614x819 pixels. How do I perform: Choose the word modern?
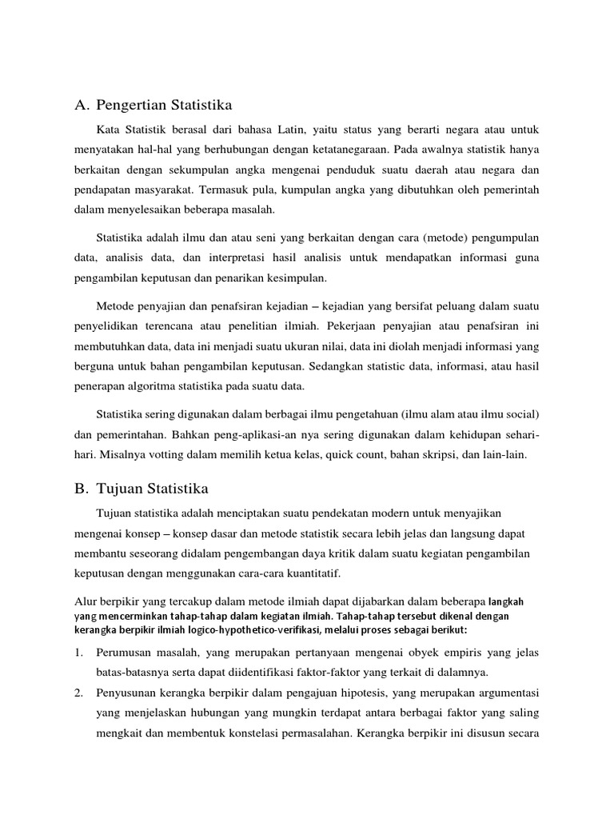tap(384, 511)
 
